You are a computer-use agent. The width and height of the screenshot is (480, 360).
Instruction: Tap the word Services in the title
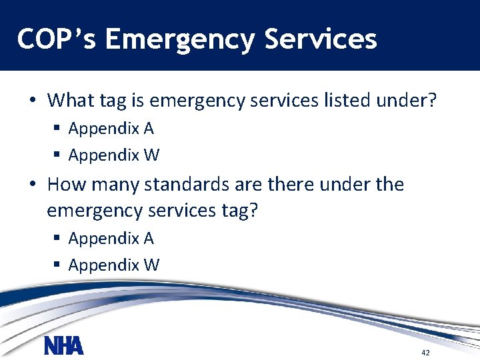[321, 39]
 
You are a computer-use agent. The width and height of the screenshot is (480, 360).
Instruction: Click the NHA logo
[64, 346]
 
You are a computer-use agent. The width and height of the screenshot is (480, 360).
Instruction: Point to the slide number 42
[425, 352]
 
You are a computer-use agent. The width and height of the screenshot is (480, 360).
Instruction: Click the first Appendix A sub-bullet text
[111, 128]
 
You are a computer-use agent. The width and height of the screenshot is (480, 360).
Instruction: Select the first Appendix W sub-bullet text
[113, 155]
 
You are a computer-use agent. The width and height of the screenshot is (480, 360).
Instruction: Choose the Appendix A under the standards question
[111, 238]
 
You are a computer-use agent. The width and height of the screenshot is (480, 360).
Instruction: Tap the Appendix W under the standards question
[113, 265]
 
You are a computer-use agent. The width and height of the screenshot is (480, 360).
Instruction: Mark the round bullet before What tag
[32, 101]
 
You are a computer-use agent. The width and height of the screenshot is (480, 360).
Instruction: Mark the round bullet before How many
[32, 185]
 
